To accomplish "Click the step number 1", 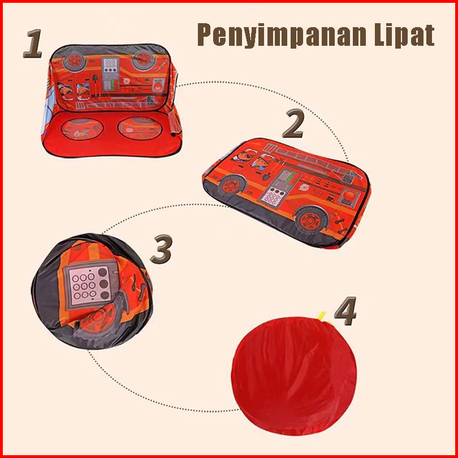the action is point(32,43).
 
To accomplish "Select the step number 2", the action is point(293,123).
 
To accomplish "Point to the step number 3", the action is point(161,249).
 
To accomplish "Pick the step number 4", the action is point(345,311).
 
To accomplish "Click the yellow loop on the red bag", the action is point(322,316).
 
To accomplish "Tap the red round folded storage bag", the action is point(294,376).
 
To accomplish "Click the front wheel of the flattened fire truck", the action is point(232,185).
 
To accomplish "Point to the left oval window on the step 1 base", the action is point(82,129).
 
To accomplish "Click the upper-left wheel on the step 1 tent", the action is point(75,61).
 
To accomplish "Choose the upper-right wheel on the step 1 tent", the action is point(143,59).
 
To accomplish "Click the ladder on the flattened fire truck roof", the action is point(313,161).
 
